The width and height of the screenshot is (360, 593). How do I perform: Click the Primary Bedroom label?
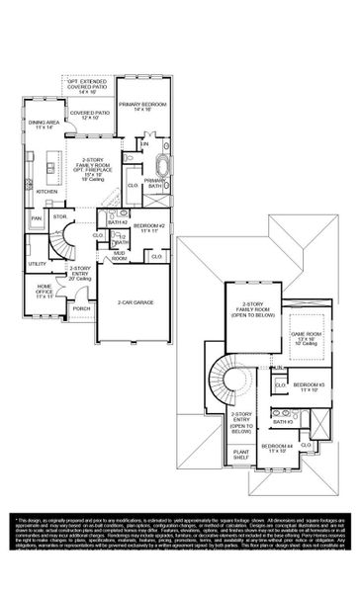[x=141, y=105]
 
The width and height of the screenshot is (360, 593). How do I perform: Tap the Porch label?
[x=80, y=307]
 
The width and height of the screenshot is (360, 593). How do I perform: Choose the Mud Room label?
[x=119, y=255]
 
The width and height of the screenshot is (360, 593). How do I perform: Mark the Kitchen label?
[x=47, y=192]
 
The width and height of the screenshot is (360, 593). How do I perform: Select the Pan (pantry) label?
[x=37, y=218]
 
